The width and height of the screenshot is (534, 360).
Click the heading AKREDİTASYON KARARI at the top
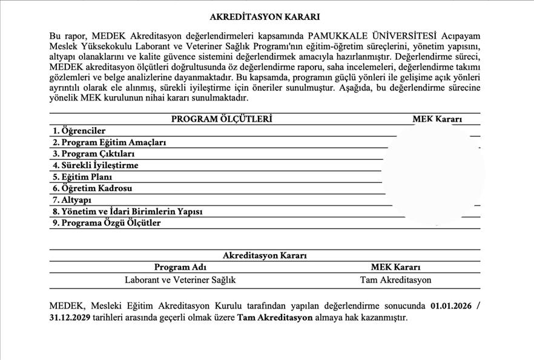pyautogui.click(x=265, y=17)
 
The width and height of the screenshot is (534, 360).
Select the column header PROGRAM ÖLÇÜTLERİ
pyautogui.click(x=222, y=119)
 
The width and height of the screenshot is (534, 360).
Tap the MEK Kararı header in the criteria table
pyautogui.click(x=437, y=119)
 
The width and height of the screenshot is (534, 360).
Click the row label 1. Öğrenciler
pyautogui.click(x=79, y=131)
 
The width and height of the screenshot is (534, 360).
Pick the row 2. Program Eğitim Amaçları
pyautogui.click(x=110, y=142)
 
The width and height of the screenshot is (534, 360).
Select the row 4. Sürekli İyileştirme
pyautogui.click(x=96, y=165)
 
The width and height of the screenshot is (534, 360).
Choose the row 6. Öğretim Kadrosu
pyautogui.click(x=93, y=188)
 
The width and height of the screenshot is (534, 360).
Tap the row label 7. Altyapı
pyautogui.click(x=72, y=200)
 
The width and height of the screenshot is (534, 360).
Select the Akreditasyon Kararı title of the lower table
pyautogui.click(x=265, y=255)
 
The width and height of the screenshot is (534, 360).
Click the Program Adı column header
pyautogui.click(x=180, y=267)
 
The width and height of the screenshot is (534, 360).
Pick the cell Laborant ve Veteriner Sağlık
pyautogui.click(x=180, y=280)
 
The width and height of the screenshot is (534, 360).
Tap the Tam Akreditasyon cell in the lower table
pyautogui.click(x=395, y=280)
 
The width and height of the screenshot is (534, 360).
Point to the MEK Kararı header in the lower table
pyautogui.click(x=395, y=267)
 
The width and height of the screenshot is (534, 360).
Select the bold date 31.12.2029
pyautogui.click(x=69, y=317)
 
